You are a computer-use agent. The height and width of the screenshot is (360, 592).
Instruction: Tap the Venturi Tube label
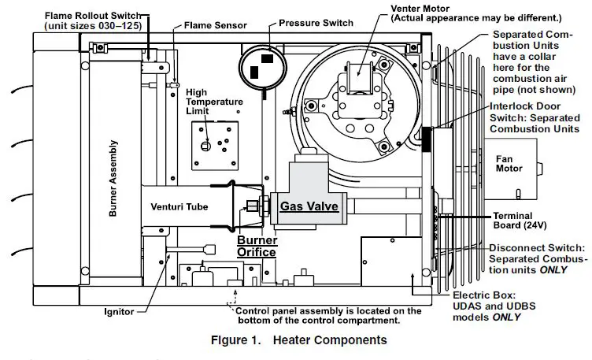(179, 207)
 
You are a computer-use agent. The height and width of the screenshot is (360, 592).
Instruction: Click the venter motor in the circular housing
(361, 79)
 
